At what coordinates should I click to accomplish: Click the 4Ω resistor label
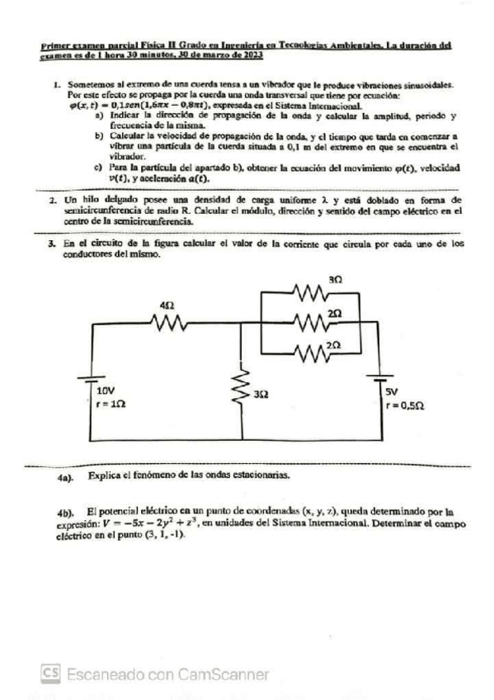click(167, 305)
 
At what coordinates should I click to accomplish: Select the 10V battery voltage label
click(105, 389)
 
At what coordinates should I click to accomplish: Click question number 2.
click(52, 201)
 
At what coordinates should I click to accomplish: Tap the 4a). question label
click(66, 477)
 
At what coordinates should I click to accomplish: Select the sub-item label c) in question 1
click(99, 169)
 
